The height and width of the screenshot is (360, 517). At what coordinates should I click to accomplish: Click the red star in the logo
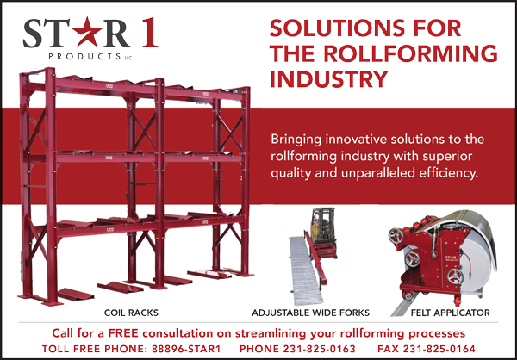88,32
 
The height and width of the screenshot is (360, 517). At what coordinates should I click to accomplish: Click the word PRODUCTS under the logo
84,56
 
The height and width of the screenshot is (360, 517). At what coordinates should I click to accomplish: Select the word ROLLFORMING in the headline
411,54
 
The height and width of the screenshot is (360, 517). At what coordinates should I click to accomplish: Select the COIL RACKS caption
131,313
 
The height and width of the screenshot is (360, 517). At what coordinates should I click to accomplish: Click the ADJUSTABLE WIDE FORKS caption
310,313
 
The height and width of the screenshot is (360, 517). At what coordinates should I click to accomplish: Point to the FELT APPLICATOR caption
450,313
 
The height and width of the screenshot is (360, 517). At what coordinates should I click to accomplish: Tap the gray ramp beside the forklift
306,270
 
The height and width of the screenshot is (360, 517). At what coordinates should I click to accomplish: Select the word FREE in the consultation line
123,333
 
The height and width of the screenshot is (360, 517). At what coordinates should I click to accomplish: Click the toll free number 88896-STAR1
186,349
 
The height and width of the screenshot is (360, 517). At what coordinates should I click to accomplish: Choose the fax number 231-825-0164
439,349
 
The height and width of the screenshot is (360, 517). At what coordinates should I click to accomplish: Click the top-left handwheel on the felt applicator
396,235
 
